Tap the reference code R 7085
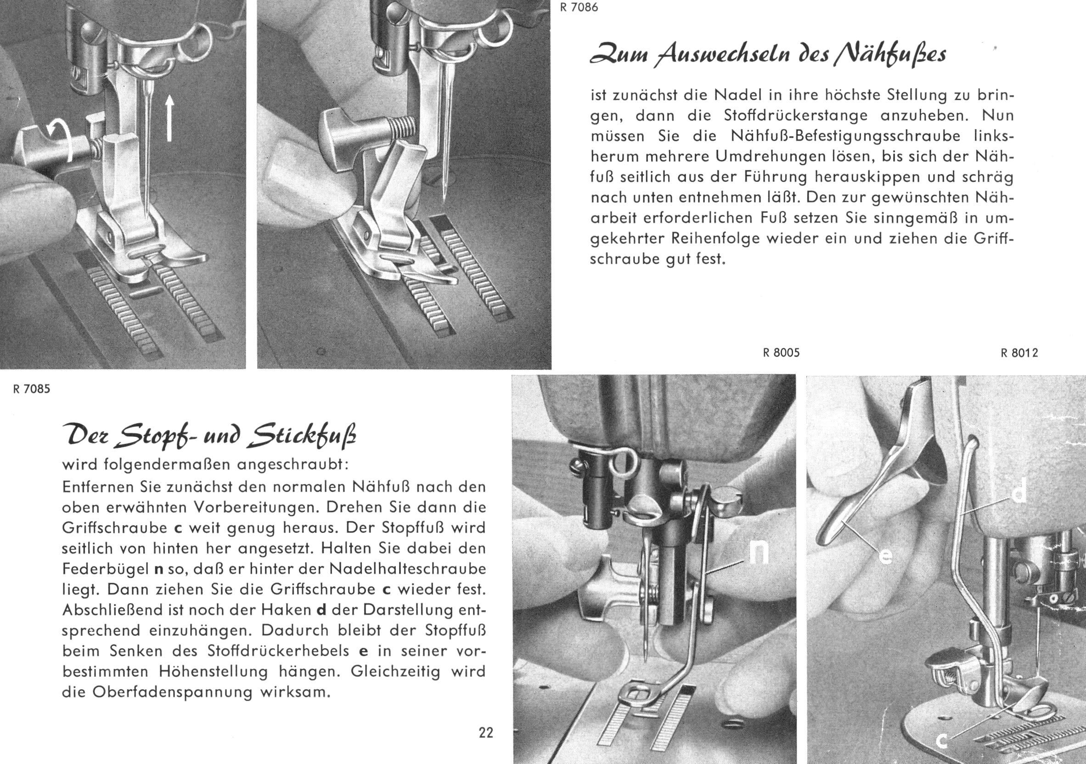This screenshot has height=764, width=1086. pyautogui.click(x=31, y=390)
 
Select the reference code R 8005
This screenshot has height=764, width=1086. pyautogui.click(x=782, y=353)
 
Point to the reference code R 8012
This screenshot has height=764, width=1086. pyautogui.click(x=1019, y=353)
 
